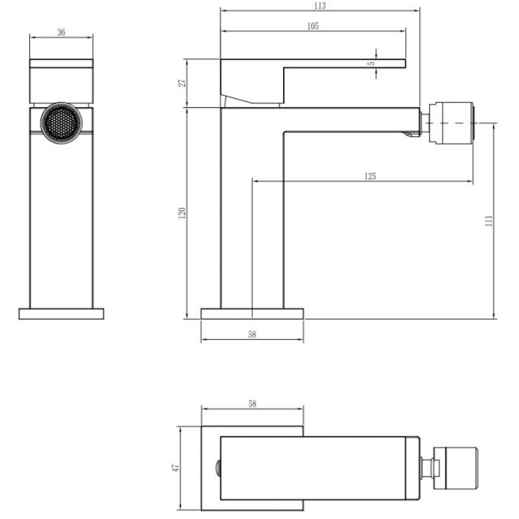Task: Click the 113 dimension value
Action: tap(320, 6)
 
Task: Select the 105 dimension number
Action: tap(313, 26)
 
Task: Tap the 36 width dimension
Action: tap(62, 32)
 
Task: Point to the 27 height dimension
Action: tap(182, 83)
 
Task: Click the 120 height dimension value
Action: tap(182, 212)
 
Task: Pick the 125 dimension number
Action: tap(370, 176)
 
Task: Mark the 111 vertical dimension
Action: tap(489, 221)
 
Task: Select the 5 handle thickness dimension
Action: tap(372, 63)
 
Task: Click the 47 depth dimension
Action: tap(175, 468)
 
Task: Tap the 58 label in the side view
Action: tap(252, 334)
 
